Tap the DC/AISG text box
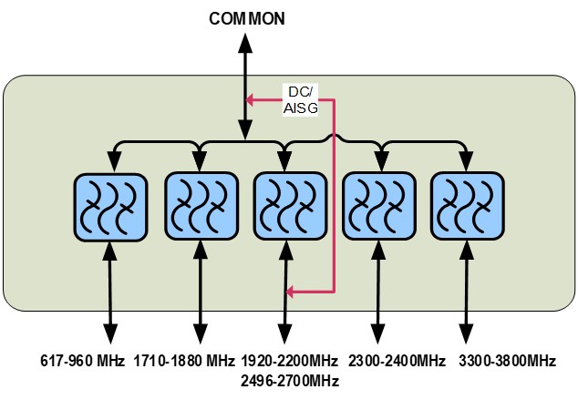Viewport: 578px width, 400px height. pyautogui.click(x=300, y=100)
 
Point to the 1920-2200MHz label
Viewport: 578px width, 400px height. pyautogui.click(x=291, y=362)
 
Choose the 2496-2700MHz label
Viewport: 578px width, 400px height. pyautogui.click(x=291, y=380)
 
